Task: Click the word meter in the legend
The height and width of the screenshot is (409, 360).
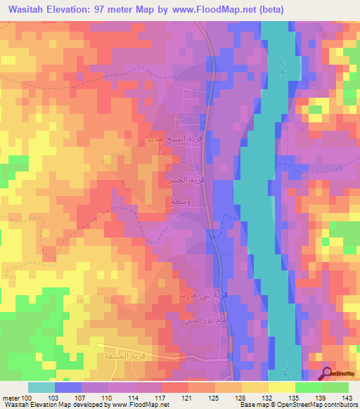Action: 11,398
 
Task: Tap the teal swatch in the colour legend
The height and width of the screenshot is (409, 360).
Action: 41,387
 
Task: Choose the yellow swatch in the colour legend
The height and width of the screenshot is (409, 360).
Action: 282,387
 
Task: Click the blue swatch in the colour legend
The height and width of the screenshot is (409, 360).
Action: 68,387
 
